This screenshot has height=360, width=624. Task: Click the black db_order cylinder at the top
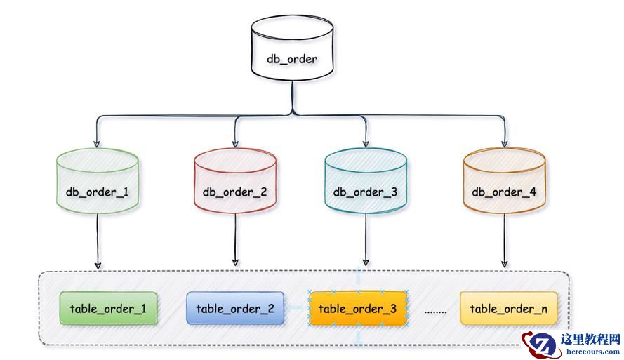291,48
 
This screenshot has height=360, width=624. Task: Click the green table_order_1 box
108,308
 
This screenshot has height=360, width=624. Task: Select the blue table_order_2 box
234,308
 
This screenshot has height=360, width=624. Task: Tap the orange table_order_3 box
357,308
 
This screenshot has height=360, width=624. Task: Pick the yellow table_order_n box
508,308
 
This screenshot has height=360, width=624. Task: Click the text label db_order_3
365,192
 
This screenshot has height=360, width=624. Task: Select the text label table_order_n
508,309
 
